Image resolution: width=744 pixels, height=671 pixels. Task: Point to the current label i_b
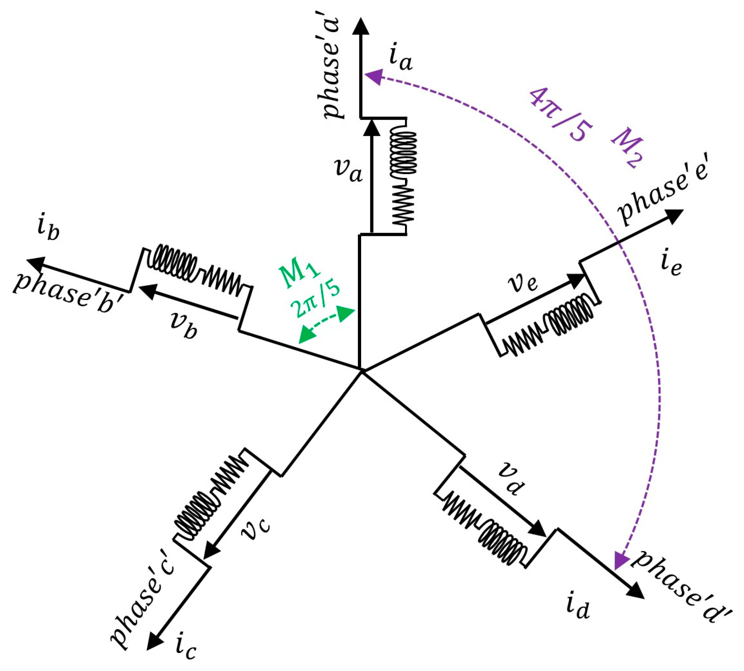coord(48,230)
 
